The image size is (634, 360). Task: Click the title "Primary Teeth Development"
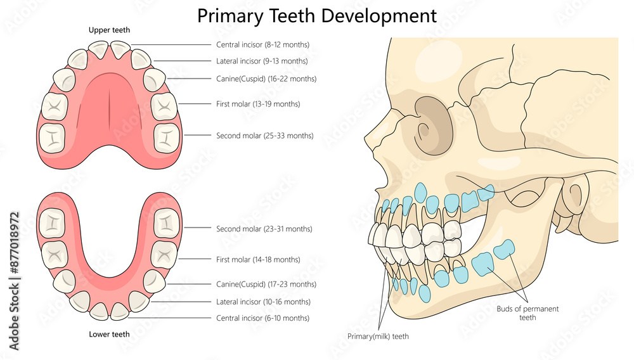317,15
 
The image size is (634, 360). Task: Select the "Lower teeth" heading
109,334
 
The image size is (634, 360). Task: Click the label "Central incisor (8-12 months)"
262,45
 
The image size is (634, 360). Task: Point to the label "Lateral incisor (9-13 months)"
262,61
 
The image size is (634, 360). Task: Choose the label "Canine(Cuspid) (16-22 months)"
266,79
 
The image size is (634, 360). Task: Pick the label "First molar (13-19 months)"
258,104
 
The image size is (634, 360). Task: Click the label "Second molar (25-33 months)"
265,136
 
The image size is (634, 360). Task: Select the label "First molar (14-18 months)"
258,260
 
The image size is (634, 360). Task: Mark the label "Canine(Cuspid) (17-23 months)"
266,285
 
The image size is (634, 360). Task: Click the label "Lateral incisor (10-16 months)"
263,302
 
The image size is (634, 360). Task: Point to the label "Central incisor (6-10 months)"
262,318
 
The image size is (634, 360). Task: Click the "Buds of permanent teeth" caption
527,313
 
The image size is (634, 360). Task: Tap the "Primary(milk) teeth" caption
378,337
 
